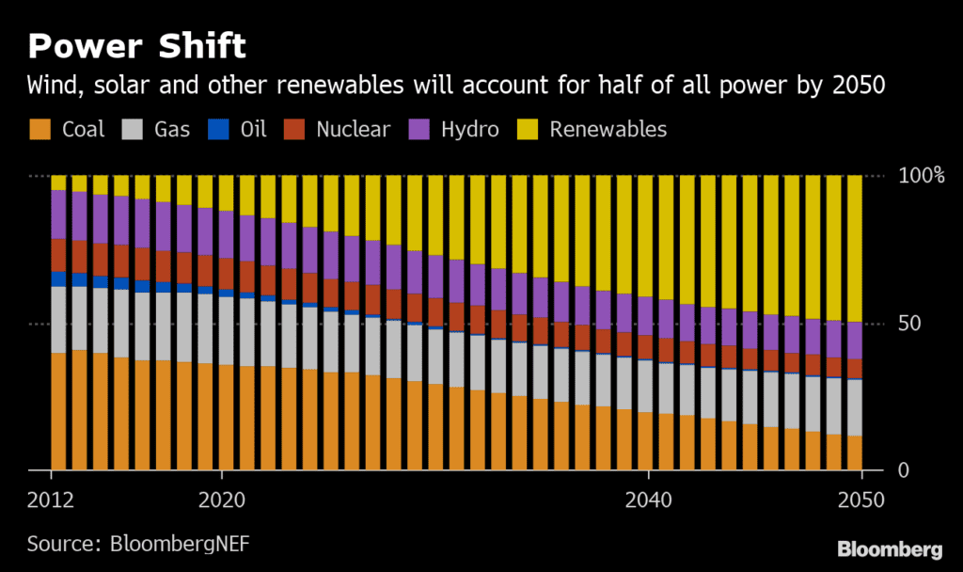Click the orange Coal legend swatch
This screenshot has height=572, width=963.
(x=39, y=129)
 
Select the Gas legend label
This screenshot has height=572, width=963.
(x=172, y=129)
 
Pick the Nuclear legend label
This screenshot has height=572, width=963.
(x=353, y=129)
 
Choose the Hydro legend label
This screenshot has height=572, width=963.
(x=469, y=129)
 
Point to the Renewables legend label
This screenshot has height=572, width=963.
(x=608, y=129)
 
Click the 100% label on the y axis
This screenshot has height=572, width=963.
(x=921, y=176)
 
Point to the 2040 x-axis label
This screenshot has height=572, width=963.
(x=649, y=500)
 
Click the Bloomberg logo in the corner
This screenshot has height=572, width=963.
(x=890, y=548)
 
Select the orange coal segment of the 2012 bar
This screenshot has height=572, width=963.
(x=58, y=411)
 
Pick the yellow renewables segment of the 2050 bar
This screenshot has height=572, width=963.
(x=854, y=248)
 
